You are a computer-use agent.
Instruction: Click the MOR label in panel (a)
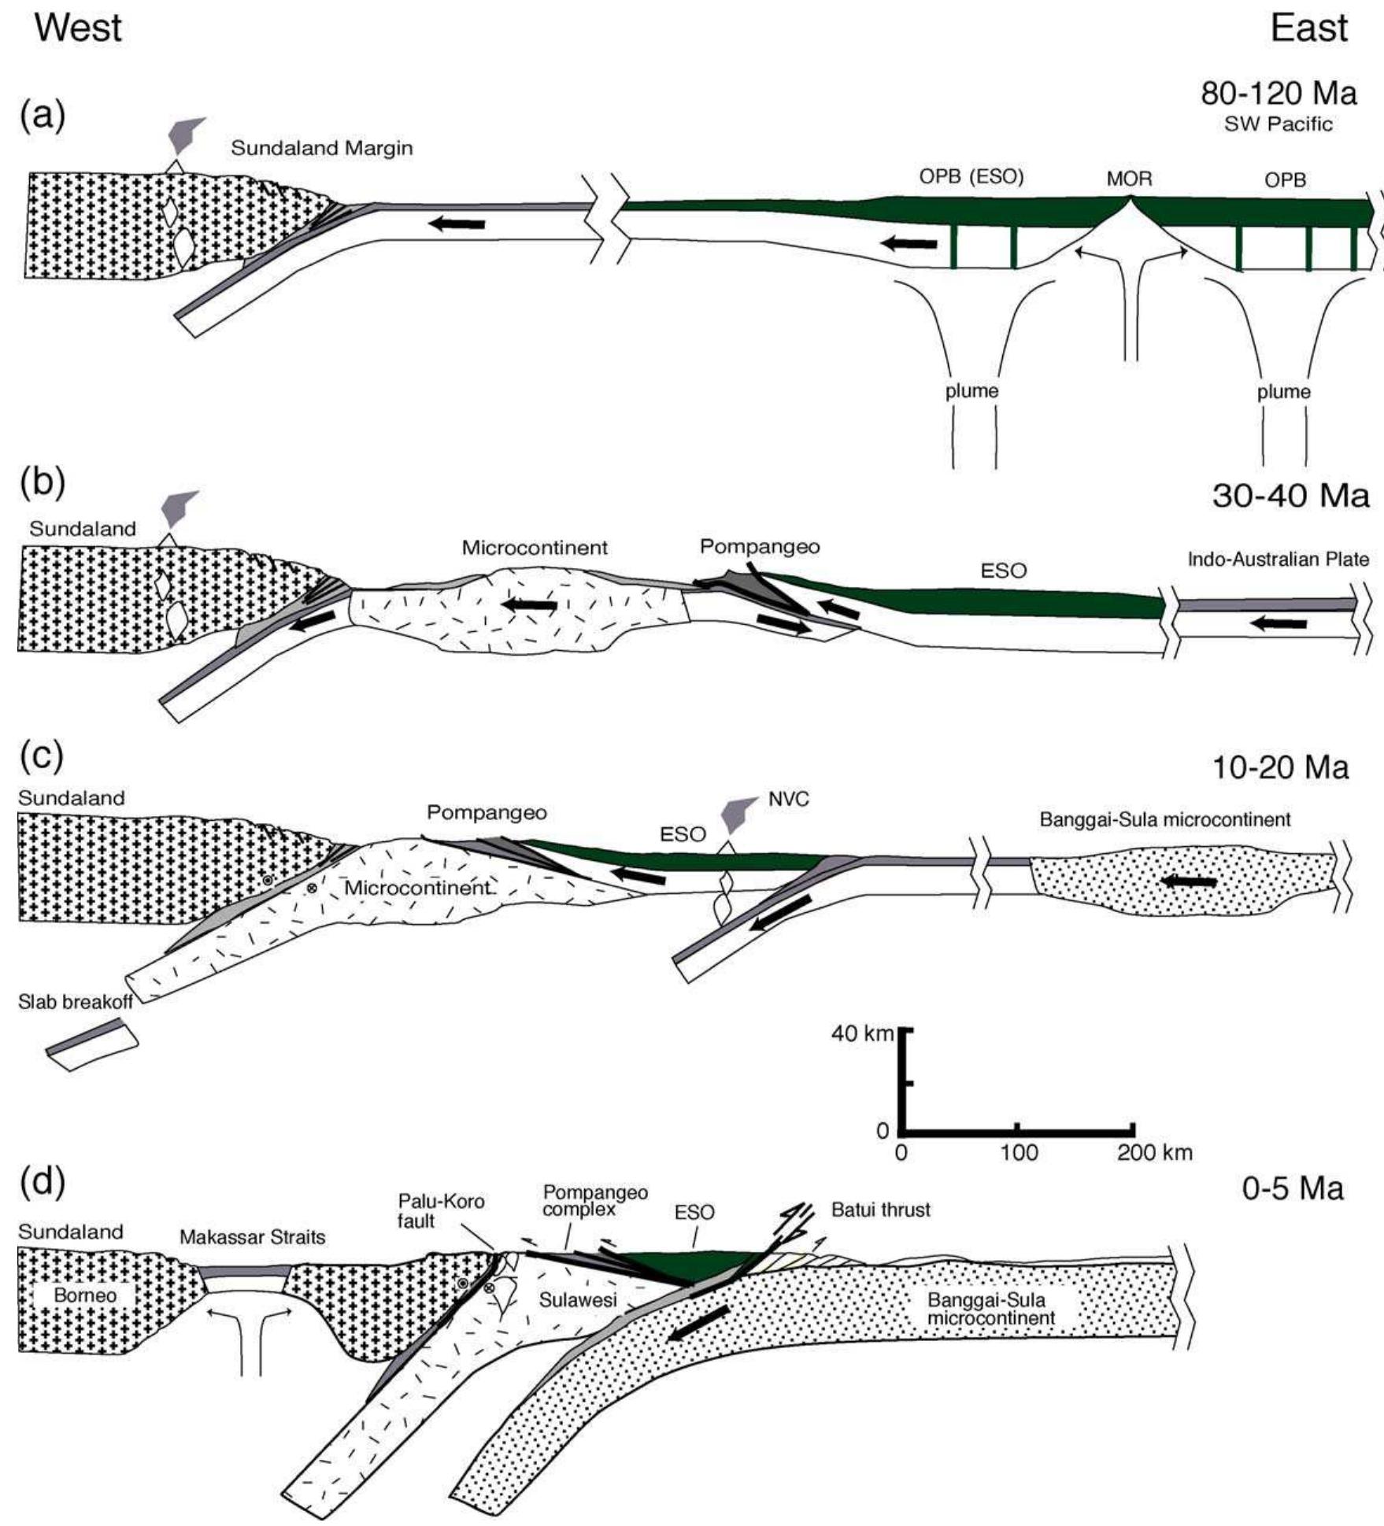click(x=1129, y=179)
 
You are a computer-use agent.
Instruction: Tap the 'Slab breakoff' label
click(x=76, y=1002)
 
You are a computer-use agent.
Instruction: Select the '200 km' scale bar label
click(x=1157, y=1153)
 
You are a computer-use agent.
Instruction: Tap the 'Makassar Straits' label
click(x=252, y=1237)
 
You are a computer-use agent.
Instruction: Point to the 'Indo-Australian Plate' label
click(x=1278, y=560)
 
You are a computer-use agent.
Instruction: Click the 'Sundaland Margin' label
click(x=321, y=147)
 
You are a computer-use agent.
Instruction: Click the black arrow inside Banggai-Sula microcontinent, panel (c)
click(x=1190, y=881)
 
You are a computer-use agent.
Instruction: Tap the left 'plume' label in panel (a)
click(x=971, y=391)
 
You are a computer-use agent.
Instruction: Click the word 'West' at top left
click(x=79, y=29)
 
